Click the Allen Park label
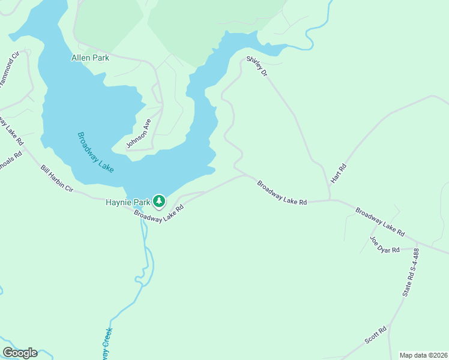click(x=90, y=58)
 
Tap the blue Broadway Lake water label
click(x=95, y=152)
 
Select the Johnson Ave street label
click(x=139, y=133)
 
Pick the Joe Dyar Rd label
click(x=385, y=245)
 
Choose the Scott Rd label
click(x=376, y=335)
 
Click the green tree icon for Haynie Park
click(x=159, y=201)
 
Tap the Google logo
click(x=20, y=353)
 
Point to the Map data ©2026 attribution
click(x=423, y=355)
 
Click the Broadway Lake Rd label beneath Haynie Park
click(x=158, y=212)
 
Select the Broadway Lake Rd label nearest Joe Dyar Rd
click(x=380, y=221)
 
